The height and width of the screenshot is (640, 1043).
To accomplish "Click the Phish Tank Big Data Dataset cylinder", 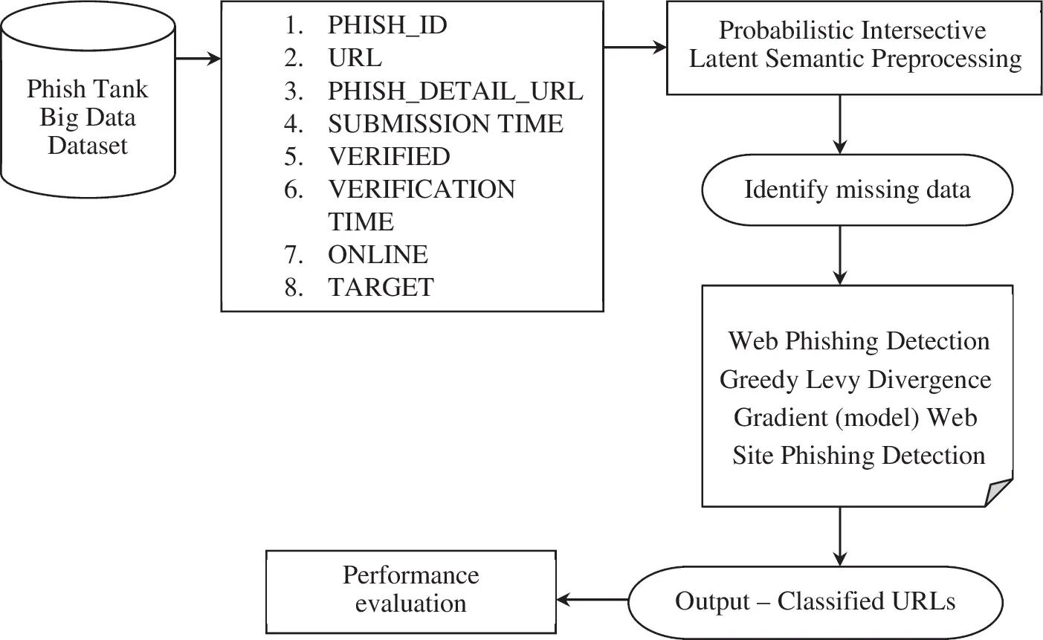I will [88, 117].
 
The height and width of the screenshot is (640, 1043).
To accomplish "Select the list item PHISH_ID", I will [387, 26].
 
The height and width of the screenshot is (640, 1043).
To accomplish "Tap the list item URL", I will [354, 58].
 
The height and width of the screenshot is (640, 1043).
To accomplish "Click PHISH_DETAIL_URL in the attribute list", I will [455, 91].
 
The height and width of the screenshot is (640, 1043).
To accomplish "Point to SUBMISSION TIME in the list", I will [445, 123].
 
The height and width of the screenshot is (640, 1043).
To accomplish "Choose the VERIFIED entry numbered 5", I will [388, 157].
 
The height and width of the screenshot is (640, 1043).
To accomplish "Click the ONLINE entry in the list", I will [378, 255].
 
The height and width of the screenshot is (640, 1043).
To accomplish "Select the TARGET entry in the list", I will [381, 288].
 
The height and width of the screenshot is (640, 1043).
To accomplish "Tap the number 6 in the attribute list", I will [294, 190].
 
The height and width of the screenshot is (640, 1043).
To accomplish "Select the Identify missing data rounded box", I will [856, 190].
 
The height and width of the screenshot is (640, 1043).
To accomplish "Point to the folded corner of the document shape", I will [999, 493].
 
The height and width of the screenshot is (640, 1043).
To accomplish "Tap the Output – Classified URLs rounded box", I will [815, 601].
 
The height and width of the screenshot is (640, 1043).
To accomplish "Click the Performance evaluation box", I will [410, 590].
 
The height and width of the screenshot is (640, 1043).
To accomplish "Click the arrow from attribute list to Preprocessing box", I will [635, 48].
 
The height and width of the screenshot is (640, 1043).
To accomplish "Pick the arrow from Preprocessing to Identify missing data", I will [840, 123].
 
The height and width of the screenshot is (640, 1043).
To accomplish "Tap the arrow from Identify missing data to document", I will [840, 255].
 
